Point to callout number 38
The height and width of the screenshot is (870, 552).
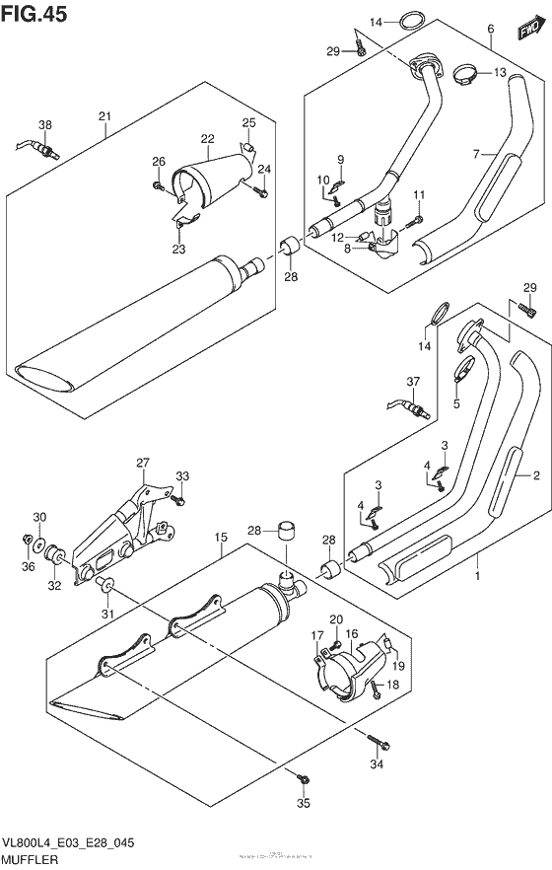[44, 124]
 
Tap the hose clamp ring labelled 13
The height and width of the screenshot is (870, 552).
[468, 72]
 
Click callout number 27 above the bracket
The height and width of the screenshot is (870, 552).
[142, 463]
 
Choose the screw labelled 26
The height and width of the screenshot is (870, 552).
[158, 183]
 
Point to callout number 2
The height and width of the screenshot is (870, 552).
[536, 476]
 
